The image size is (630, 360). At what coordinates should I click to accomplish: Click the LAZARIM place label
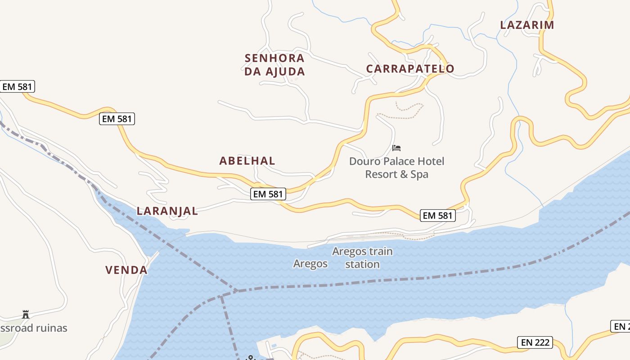(x=527, y=25)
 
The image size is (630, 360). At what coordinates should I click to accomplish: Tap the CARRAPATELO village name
(x=410, y=69)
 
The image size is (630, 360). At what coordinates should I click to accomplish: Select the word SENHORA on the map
(x=274, y=58)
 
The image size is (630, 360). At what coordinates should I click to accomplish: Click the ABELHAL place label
(x=247, y=161)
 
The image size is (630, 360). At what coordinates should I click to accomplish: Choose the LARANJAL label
(x=167, y=211)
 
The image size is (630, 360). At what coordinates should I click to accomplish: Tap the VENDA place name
(x=126, y=270)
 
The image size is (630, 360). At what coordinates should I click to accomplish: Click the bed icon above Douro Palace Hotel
(x=396, y=148)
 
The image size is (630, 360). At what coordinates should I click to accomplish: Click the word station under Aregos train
(x=362, y=264)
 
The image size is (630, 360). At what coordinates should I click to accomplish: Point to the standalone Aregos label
(x=310, y=264)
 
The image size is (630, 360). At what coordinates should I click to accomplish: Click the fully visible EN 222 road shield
(x=535, y=342)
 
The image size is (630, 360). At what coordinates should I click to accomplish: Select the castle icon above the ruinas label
(x=26, y=315)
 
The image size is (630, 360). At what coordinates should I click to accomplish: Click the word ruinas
(x=49, y=328)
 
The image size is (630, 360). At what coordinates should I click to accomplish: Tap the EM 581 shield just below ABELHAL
(x=268, y=194)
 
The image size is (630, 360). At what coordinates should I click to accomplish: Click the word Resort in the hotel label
(x=381, y=174)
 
